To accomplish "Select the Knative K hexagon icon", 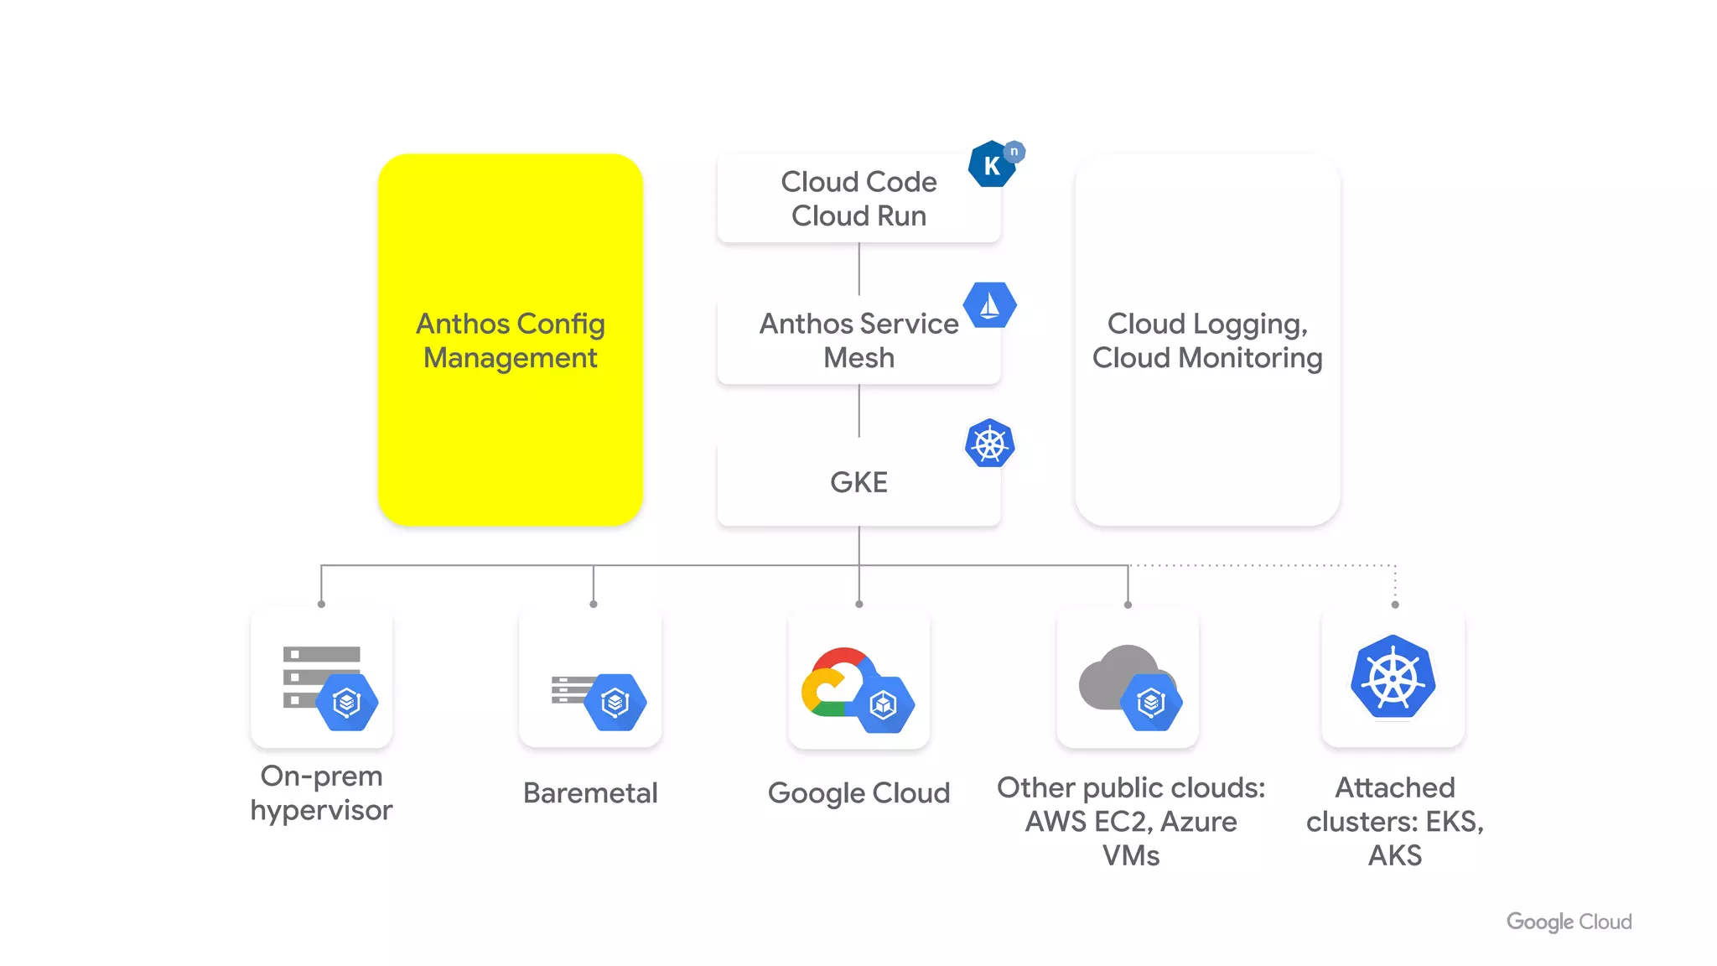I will [x=992, y=164].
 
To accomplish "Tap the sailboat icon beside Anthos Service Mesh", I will [x=989, y=305].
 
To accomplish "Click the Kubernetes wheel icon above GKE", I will [x=989, y=443].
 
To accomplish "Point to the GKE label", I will [x=858, y=482].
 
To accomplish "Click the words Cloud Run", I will [x=858, y=216].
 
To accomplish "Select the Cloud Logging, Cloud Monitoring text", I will [x=1207, y=340].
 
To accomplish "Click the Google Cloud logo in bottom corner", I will [x=1569, y=922].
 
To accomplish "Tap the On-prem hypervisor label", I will [x=321, y=792].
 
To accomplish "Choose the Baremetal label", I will [x=590, y=792].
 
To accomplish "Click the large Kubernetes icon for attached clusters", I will [x=1393, y=677].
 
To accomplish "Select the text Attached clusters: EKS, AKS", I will [x=1395, y=821].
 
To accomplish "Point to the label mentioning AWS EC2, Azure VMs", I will [x=1131, y=821].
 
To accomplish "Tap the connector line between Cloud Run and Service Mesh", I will [x=858, y=268].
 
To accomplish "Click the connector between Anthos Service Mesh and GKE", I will [x=858, y=411].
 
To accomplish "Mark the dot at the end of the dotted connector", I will [x=1395, y=605].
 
